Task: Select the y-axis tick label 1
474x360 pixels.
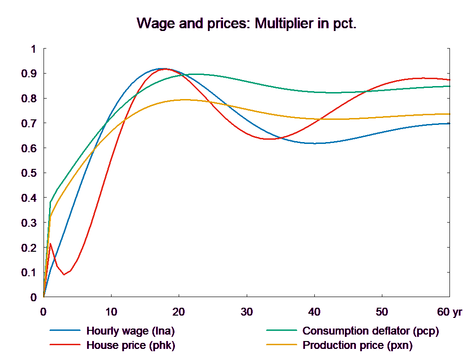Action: (x=33, y=49)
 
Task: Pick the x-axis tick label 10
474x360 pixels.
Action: (x=111, y=312)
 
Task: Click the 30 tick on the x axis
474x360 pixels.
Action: (x=247, y=312)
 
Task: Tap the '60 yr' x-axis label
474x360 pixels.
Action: (x=449, y=312)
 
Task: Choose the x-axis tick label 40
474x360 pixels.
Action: (x=314, y=312)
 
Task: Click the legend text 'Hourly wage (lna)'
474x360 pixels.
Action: (x=131, y=331)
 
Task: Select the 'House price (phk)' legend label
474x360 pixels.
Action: (x=131, y=345)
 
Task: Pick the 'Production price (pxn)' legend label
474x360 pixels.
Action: (x=357, y=345)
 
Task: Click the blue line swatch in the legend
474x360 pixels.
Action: (x=64, y=331)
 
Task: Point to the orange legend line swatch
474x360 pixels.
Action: (x=281, y=345)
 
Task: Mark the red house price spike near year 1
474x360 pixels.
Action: (x=50, y=243)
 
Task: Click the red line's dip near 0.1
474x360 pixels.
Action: (x=64, y=274)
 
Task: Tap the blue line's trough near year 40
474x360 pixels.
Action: (x=314, y=143)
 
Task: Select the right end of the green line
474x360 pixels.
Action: (x=450, y=86)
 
